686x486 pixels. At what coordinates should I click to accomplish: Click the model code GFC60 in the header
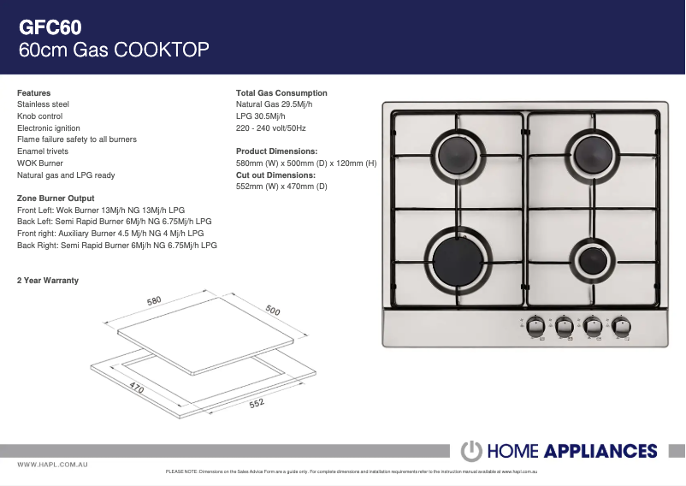[x=50, y=27]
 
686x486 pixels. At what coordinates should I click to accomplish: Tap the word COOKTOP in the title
[x=162, y=50]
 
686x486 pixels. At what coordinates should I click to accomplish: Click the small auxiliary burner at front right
[x=593, y=260]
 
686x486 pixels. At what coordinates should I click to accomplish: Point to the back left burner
[x=458, y=155]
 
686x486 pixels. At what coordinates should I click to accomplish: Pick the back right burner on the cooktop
[x=593, y=155]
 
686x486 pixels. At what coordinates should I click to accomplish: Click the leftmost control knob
[x=535, y=326]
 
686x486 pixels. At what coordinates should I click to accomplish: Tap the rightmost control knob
[x=621, y=326]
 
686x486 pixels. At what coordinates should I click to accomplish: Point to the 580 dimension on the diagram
[x=154, y=301]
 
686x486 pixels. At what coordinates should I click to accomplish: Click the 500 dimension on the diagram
[x=273, y=310]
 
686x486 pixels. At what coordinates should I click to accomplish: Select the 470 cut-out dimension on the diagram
[x=137, y=387]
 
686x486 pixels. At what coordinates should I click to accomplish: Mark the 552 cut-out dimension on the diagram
[x=257, y=403]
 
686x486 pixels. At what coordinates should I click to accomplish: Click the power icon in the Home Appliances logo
[x=471, y=451]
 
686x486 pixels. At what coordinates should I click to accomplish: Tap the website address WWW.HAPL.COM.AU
[x=52, y=465]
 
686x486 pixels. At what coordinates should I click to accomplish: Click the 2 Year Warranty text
[x=48, y=281]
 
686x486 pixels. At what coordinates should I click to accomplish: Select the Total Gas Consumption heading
[x=281, y=92]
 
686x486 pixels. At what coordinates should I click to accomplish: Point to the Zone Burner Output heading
[x=56, y=199]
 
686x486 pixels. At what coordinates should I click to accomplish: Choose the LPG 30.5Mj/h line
[x=260, y=116]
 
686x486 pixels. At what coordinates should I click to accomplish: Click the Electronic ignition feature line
[x=49, y=128]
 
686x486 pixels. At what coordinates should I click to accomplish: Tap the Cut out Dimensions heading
[x=275, y=175]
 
